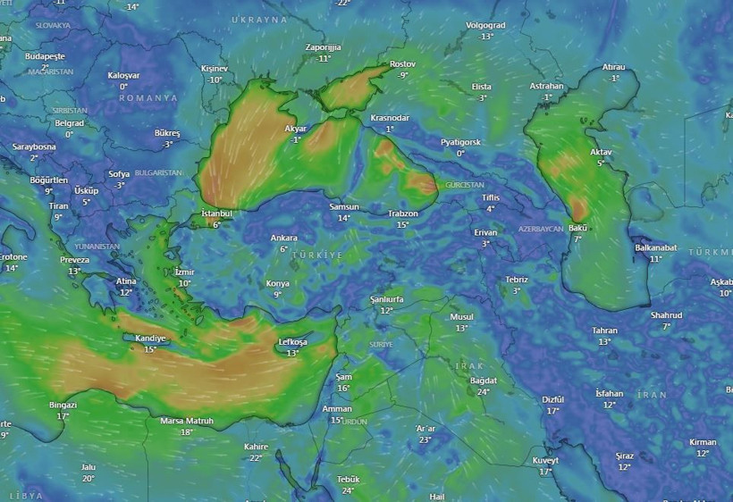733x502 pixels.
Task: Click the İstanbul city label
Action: coord(216,213)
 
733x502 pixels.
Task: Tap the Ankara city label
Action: coord(283,238)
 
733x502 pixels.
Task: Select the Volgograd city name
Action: coord(485,26)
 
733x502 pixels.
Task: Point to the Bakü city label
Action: coord(577,229)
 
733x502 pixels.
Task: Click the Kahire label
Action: coord(256,447)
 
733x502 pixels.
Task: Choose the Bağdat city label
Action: coord(483,381)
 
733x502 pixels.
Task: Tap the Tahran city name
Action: coord(604,330)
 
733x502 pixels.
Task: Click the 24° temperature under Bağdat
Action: coord(484,392)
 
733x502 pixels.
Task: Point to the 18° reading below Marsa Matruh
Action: coord(186,432)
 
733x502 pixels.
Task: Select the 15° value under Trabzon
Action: coord(402,225)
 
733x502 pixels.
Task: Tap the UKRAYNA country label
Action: coord(259,19)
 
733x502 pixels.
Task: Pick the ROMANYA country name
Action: coord(148,97)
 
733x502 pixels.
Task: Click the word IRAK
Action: coord(469,366)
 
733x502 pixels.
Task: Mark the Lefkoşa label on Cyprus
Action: coord(292,342)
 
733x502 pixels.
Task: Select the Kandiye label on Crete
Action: coord(149,339)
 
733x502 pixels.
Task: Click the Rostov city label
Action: coord(403,64)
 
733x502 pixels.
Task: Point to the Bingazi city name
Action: coord(63,405)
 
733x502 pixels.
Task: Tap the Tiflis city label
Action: coord(491,197)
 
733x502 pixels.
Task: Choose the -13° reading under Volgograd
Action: coord(486,37)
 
